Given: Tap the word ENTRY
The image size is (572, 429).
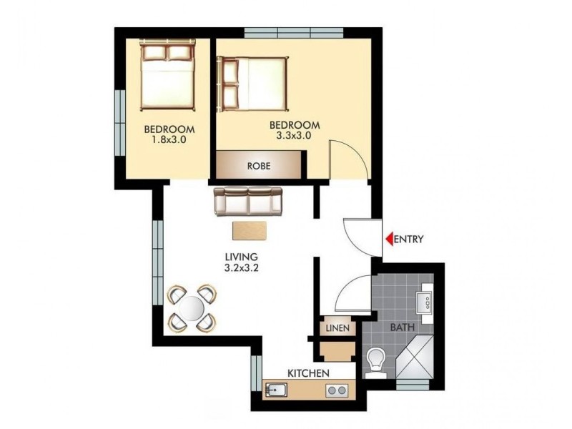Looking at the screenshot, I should [409, 240].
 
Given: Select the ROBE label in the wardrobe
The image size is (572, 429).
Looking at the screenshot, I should [258, 166].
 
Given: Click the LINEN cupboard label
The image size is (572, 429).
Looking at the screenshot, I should [337, 329].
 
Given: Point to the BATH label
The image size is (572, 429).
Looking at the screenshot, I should [401, 329].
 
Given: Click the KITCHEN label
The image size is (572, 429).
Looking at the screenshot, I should [308, 374].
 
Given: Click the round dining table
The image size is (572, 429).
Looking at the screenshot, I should [192, 308].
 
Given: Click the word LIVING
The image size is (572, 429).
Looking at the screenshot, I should [240, 257].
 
